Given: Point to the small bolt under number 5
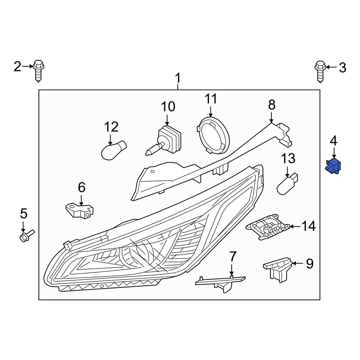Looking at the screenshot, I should pyautogui.click(x=26, y=236).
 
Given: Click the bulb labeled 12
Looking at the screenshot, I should pyautogui.click(x=114, y=150).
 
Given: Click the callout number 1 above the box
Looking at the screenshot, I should pyautogui.click(x=177, y=77).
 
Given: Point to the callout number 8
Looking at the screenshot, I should pyautogui.click(x=271, y=105).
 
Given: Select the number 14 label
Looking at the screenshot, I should pyautogui.click(x=309, y=226).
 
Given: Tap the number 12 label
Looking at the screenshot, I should pyautogui.click(x=111, y=127).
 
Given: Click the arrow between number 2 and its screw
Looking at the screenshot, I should pyautogui.click(x=28, y=66).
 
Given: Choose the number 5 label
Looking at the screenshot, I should pyautogui.click(x=23, y=214).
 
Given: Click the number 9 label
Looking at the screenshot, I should pyautogui.click(x=310, y=264).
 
